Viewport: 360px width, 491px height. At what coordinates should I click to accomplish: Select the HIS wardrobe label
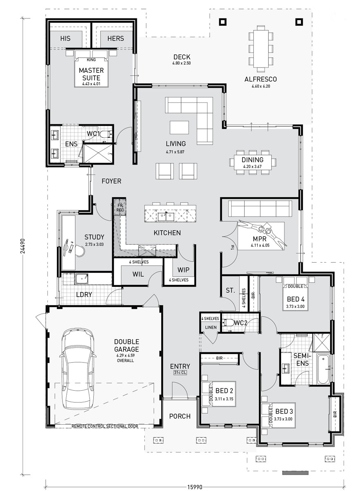click(65, 38)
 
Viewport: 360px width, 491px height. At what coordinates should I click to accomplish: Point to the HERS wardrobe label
click(115, 38)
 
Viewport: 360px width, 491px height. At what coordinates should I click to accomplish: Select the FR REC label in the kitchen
click(120, 207)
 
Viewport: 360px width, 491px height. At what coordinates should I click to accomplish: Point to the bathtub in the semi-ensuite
click(323, 369)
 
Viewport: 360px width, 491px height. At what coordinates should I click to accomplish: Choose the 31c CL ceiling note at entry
click(180, 373)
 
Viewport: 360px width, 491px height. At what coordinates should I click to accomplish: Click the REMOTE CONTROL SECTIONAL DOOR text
click(105, 426)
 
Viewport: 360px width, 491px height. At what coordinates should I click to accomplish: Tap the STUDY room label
click(94, 237)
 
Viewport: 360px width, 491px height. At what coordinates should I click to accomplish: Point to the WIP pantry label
click(183, 270)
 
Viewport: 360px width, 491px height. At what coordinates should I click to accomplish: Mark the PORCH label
click(180, 416)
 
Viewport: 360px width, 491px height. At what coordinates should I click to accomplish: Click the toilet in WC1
click(106, 134)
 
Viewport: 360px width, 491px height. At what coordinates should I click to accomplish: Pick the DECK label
click(182, 57)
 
